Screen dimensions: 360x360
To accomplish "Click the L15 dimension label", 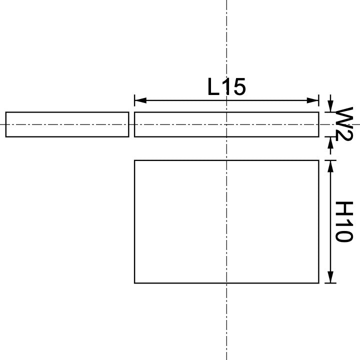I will point(226,88).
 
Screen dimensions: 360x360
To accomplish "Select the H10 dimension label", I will point(343,221).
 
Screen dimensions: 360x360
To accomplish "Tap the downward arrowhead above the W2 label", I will point(330,107).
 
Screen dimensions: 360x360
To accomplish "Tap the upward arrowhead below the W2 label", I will point(330,141).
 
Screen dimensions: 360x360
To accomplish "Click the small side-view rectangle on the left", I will point(67,124).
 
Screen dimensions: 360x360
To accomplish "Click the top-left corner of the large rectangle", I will point(135,160).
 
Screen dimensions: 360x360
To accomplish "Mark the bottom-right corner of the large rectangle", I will point(318,283).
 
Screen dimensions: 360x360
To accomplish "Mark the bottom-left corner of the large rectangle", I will point(135,283).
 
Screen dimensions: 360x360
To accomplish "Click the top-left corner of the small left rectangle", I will point(6,112).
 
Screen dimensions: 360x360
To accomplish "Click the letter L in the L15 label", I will point(213,88).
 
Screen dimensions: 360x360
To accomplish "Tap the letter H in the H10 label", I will point(343,207).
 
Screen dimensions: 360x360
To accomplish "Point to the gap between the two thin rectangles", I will point(131,124).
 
